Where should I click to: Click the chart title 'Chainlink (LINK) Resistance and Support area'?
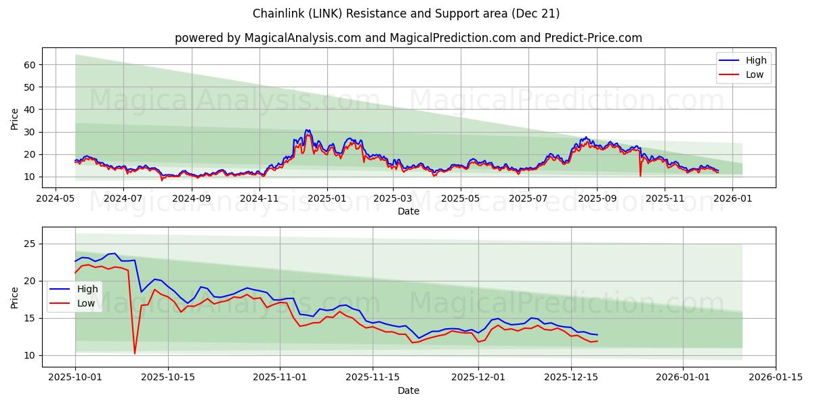406,14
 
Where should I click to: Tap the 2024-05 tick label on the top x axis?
56,199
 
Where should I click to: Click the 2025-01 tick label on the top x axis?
327,199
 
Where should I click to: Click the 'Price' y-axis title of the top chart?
15,119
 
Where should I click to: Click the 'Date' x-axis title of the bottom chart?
408,390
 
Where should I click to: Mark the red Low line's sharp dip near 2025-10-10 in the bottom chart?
135,353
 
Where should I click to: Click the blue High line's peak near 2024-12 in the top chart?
307,130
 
